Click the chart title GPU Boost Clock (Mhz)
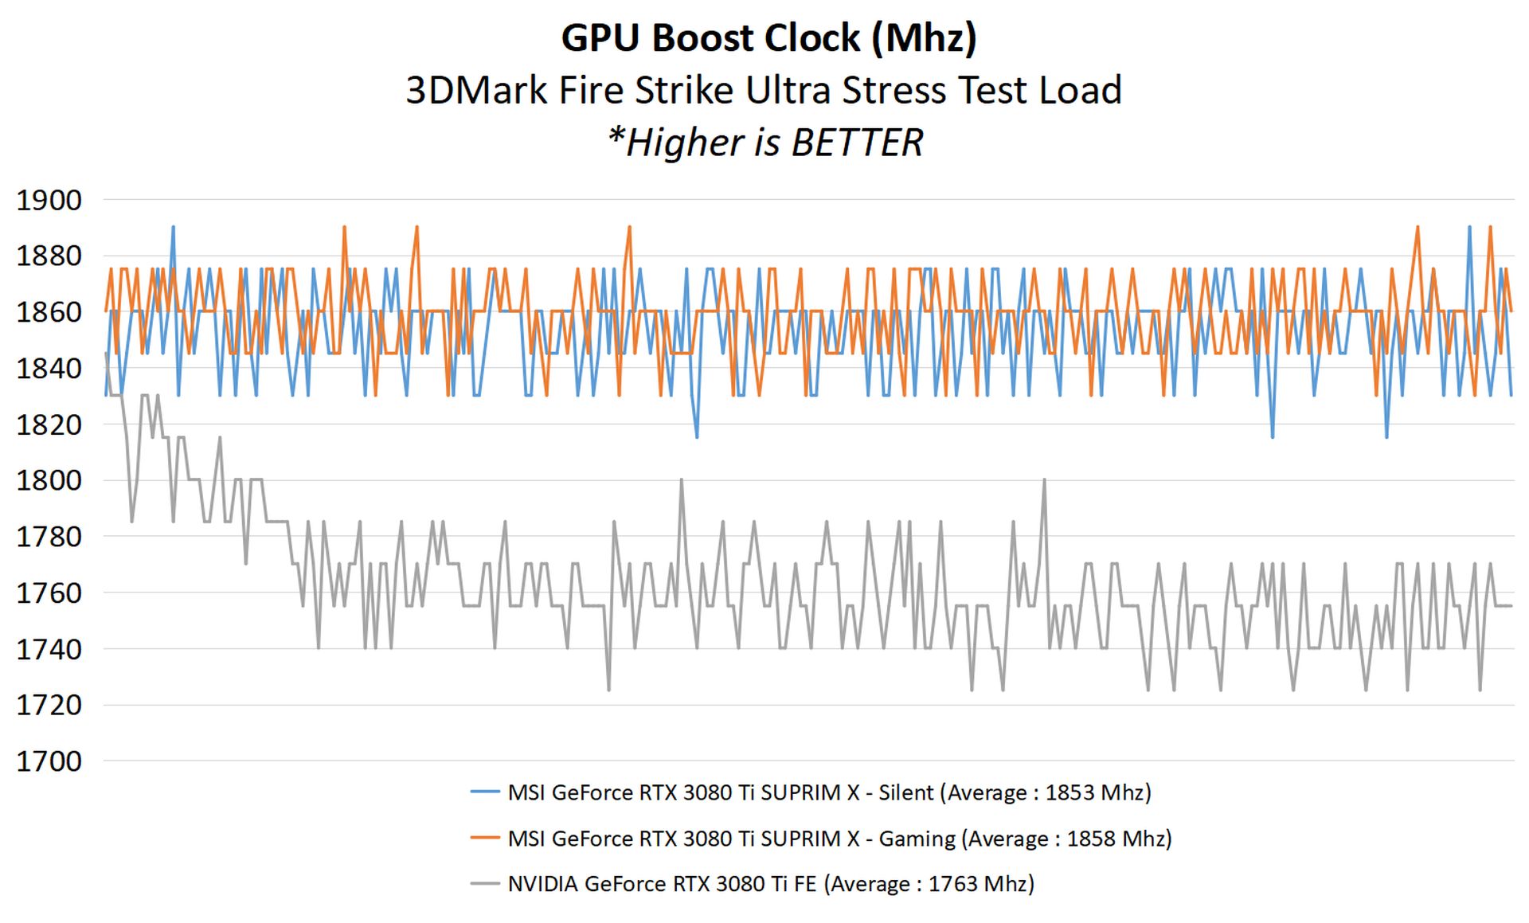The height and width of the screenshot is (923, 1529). pyautogui.click(x=768, y=38)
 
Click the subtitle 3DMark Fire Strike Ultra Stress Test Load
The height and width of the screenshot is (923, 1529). pyautogui.click(x=764, y=90)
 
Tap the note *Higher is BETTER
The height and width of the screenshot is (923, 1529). pyautogui.click(x=764, y=143)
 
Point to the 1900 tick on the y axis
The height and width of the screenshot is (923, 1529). pyautogui.click(x=49, y=200)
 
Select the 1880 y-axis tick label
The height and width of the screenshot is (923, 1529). pyautogui.click(x=49, y=256)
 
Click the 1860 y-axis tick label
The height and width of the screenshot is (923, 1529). pyautogui.click(x=49, y=311)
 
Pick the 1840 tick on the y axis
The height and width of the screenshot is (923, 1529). pyautogui.click(x=49, y=368)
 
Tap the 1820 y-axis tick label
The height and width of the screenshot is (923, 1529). pyautogui.click(x=49, y=424)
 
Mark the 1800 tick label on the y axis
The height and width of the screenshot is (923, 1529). pyautogui.click(x=49, y=480)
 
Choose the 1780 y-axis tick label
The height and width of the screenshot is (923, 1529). pyautogui.click(x=49, y=537)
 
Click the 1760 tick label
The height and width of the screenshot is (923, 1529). pyautogui.click(x=49, y=593)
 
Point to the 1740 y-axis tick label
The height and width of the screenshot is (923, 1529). pyautogui.click(x=49, y=649)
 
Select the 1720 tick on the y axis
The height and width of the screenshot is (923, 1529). pyautogui.click(x=49, y=705)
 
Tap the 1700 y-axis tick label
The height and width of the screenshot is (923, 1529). pyautogui.click(x=49, y=761)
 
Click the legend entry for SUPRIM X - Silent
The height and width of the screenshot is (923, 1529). pyautogui.click(x=829, y=792)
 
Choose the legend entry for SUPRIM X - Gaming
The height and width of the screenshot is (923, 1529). pyautogui.click(x=839, y=839)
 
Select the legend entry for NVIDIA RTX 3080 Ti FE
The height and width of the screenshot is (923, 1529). pyautogui.click(x=771, y=884)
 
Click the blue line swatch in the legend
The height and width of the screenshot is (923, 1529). pyautogui.click(x=484, y=792)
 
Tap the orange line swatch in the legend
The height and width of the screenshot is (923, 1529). pyautogui.click(x=484, y=838)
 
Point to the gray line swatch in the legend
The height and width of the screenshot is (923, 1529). pyautogui.click(x=484, y=883)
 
